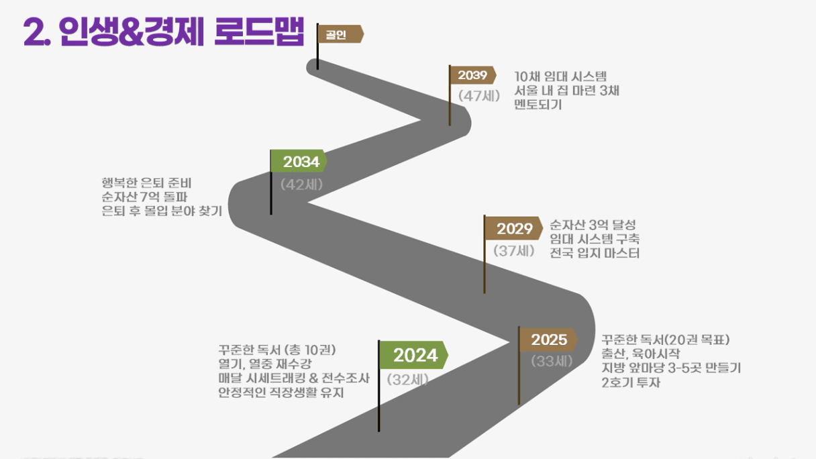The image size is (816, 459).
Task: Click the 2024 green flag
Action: pos(413,355)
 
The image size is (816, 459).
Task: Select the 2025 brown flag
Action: pos(548,340)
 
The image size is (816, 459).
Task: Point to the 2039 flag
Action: pos(473,75)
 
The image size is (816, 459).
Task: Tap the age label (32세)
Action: pos(407,380)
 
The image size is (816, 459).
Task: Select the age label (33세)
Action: pos(552,361)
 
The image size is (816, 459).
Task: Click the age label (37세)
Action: pos(514,250)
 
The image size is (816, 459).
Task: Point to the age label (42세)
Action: pos(301,185)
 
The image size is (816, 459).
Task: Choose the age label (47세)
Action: pos(479,96)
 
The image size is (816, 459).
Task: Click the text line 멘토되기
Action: pos(538,105)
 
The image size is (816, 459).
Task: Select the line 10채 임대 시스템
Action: pos(560,76)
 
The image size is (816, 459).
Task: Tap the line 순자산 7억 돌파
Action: pos(144,197)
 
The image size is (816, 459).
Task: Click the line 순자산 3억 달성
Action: pos(593,225)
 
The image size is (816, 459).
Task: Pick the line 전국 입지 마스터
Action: pos(595,253)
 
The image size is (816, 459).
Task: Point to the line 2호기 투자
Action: pos(631,382)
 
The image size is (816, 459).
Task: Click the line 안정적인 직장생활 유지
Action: pos(281,393)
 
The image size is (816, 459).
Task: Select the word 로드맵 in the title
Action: pos(259,32)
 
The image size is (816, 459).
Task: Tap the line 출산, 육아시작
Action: pos(641,354)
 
